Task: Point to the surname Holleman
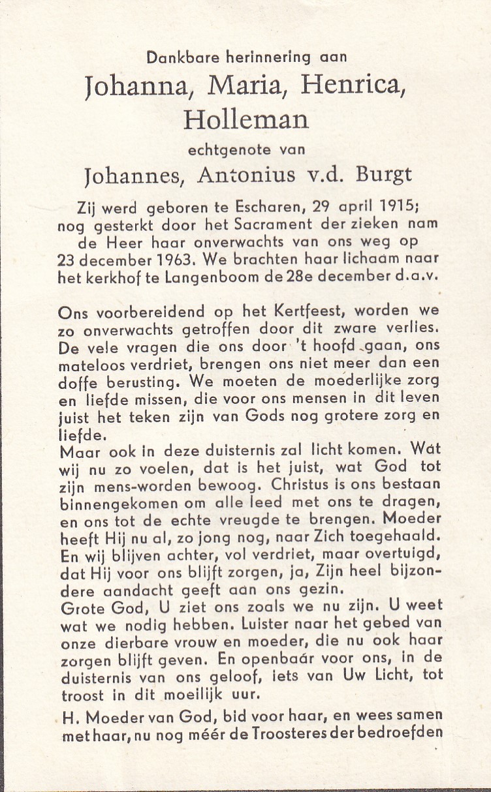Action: [x=246, y=119]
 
